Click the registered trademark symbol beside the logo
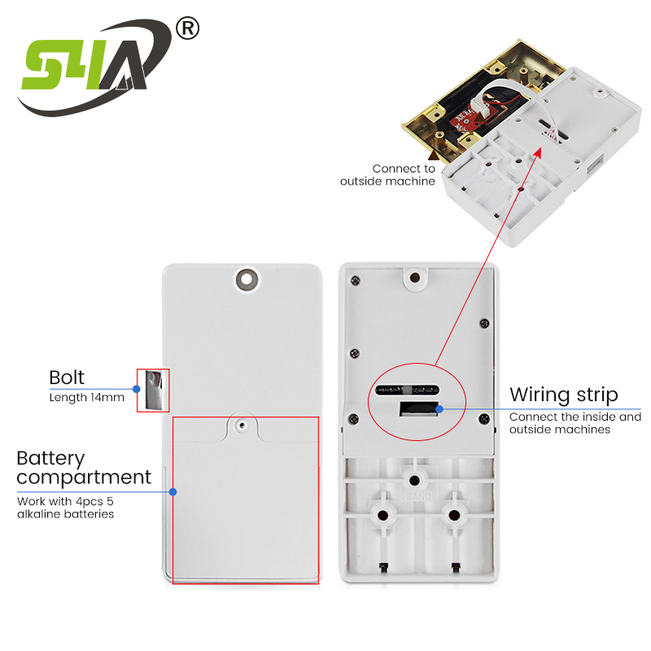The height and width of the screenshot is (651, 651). [x=187, y=29]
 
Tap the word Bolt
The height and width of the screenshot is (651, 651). [x=67, y=378]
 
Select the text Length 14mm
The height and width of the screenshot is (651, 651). [x=86, y=397]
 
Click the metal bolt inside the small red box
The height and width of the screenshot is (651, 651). [x=153, y=389]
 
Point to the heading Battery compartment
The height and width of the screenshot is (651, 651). [x=84, y=467]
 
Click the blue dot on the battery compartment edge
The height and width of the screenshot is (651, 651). [x=173, y=492]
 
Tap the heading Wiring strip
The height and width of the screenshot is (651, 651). [x=563, y=395]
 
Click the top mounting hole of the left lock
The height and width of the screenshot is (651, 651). [x=244, y=279]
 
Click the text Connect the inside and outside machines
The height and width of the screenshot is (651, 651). [x=575, y=423]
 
